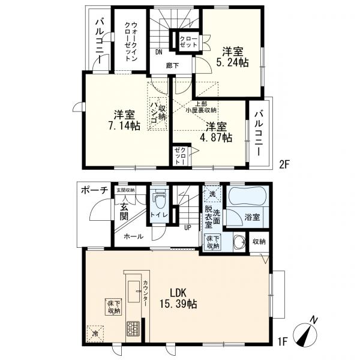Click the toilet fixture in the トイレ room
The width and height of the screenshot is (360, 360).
click(x=160, y=199)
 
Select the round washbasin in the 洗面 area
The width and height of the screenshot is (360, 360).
click(x=239, y=243)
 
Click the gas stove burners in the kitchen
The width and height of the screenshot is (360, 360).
click(x=133, y=328)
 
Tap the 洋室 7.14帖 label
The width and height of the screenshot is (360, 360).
click(x=124, y=120)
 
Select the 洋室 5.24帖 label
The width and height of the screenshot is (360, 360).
click(x=232, y=57)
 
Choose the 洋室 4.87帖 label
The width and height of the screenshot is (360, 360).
click(x=216, y=132)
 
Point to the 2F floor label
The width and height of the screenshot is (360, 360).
click(x=284, y=164)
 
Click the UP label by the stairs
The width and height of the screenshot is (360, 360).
click(x=188, y=228)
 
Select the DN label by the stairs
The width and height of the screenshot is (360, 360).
click(x=158, y=52)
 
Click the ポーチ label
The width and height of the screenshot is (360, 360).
click(x=95, y=190)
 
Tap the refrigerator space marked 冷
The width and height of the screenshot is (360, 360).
click(x=95, y=334)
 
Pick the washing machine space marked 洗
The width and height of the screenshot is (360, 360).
click(x=212, y=194)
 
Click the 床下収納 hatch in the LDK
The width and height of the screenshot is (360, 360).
click(x=114, y=307)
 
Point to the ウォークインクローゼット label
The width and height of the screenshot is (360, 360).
click(x=131, y=42)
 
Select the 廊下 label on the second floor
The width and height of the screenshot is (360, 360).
click(x=172, y=66)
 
